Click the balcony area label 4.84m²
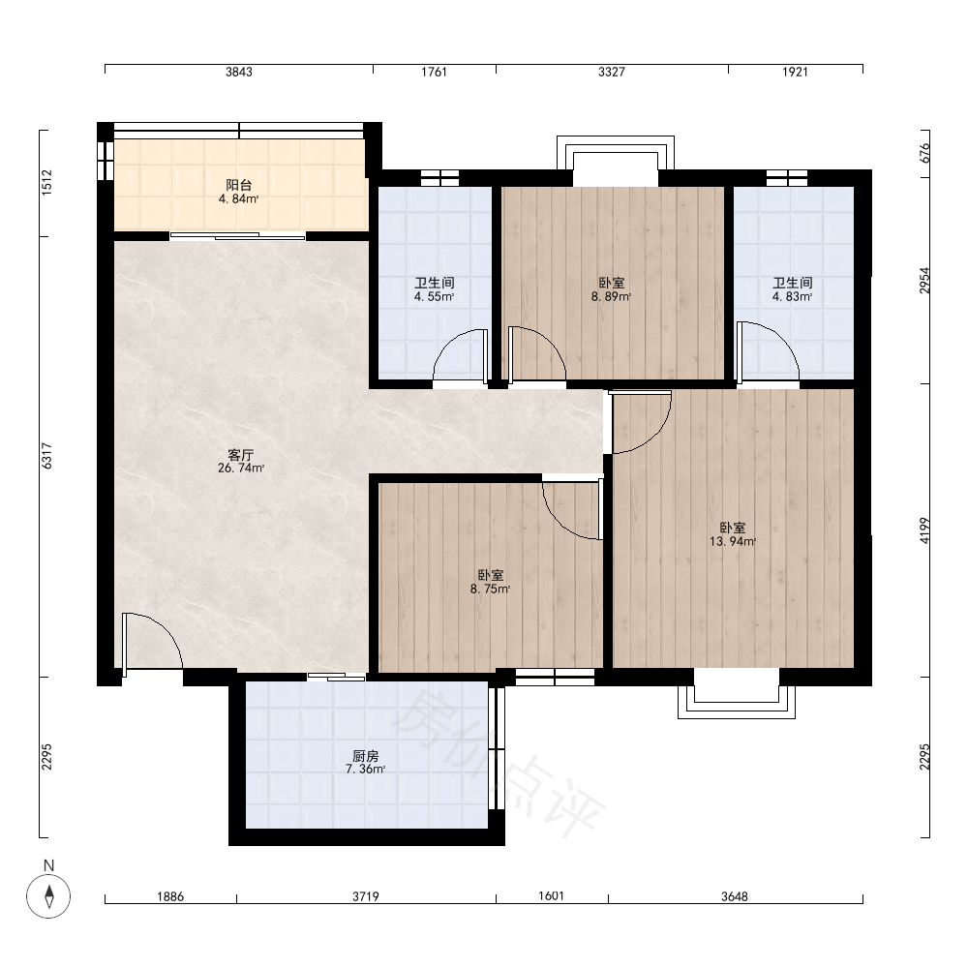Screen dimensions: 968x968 238,198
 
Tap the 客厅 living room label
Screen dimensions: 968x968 241,455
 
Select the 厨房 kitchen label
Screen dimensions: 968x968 366,756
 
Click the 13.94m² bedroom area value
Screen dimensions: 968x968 733,541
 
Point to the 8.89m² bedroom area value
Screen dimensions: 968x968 611,296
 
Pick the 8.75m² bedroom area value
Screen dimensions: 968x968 490,589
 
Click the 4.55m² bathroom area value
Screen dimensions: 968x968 434,296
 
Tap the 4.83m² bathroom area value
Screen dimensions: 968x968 793,296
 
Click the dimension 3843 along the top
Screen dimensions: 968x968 239,72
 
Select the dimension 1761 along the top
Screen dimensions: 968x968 434,72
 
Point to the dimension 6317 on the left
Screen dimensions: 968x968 46,456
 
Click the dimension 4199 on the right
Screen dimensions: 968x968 924,530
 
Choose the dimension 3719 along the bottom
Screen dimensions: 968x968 366,896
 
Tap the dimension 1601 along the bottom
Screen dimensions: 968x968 552,895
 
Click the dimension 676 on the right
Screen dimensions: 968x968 924,153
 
